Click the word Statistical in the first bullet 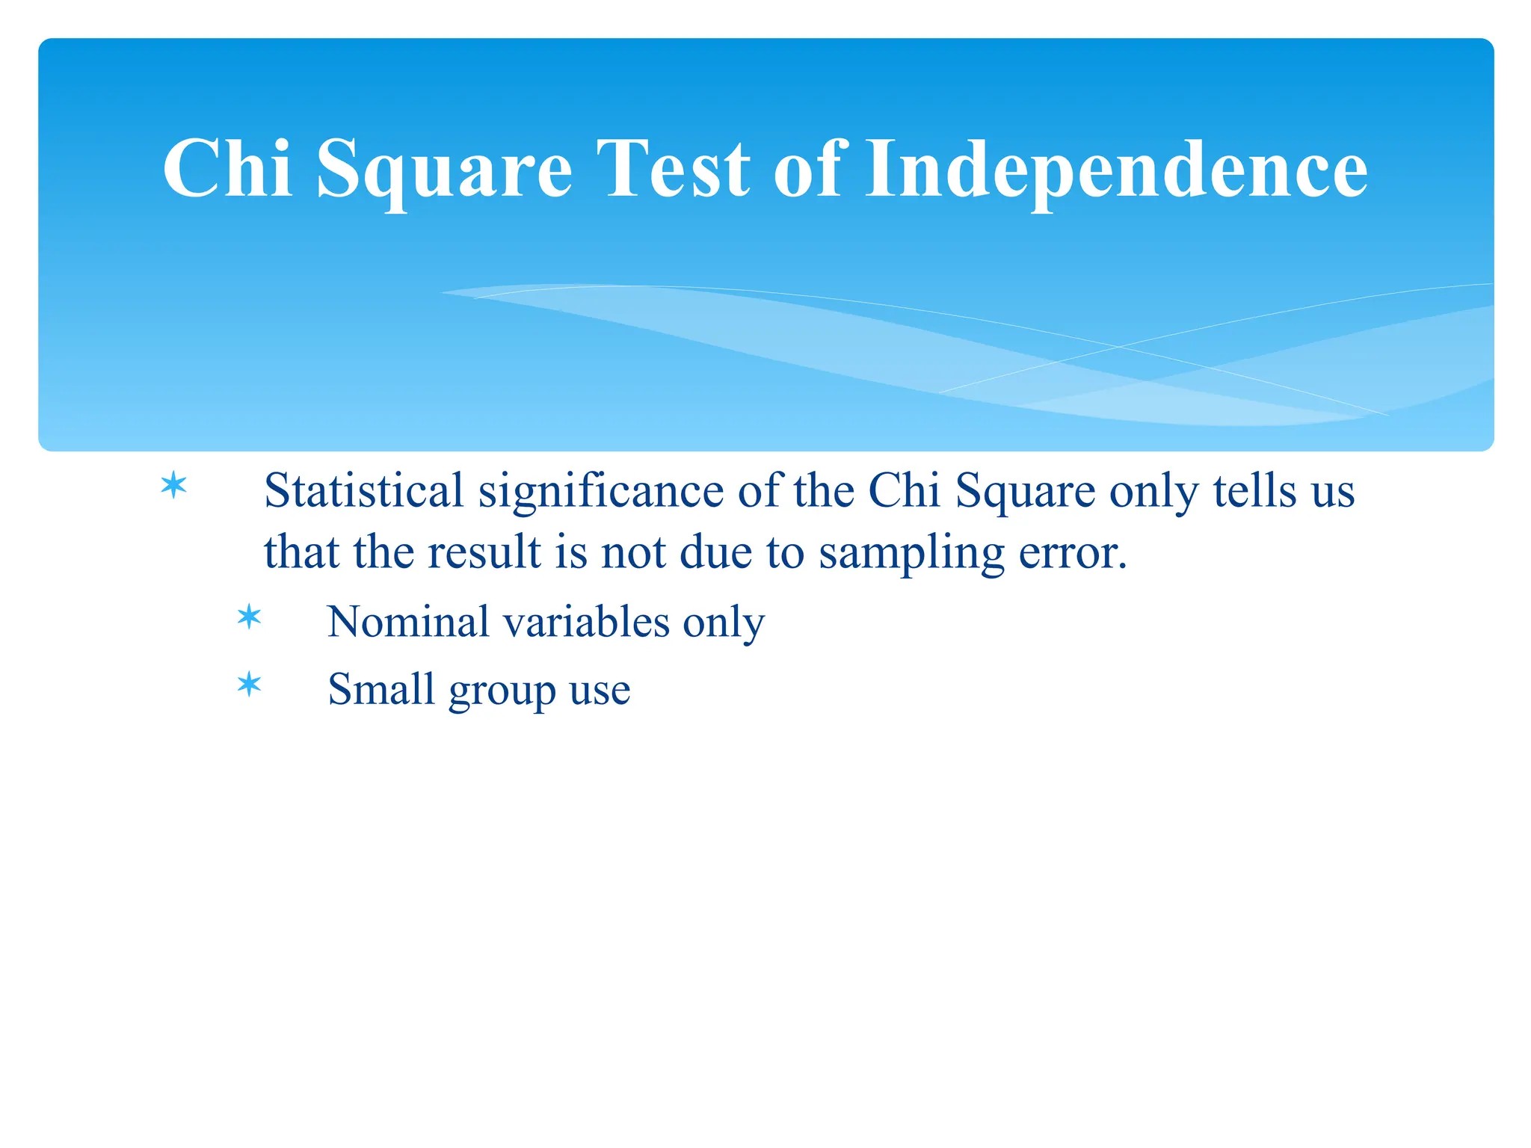coord(364,492)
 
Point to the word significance coord(601,492)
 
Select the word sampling coord(911,553)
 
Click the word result coord(484,553)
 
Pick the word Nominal coord(408,622)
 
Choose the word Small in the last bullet coord(381,689)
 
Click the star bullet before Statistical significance coord(173,486)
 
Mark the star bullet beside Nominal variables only coord(249,617)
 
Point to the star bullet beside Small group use coord(249,685)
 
